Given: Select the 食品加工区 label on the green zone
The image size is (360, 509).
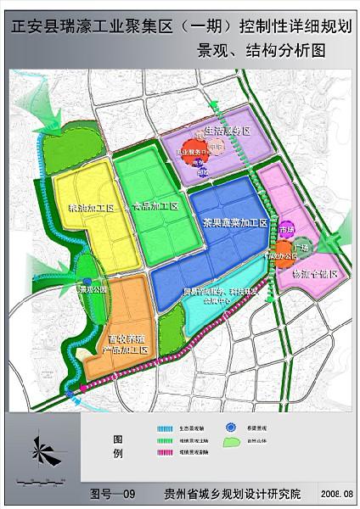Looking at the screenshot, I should (155, 206).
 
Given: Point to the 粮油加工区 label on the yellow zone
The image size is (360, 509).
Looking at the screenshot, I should (84, 206).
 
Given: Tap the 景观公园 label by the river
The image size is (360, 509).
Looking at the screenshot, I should (90, 289).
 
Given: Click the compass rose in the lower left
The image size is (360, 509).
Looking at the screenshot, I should (45, 448).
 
